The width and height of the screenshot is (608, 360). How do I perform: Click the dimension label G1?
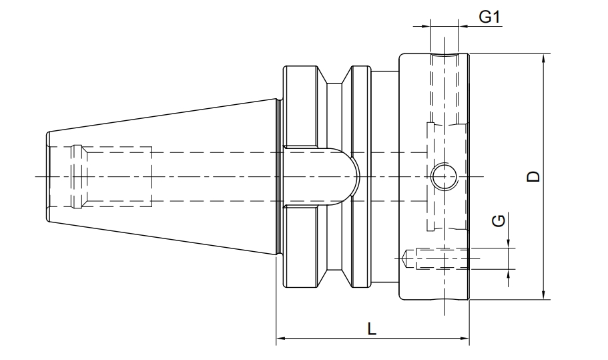coord(490,17)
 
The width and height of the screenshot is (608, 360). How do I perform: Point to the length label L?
coord(372,328)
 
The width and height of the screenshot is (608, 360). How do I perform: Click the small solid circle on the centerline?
coord(443,176)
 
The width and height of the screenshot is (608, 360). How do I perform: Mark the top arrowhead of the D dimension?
coord(545,59)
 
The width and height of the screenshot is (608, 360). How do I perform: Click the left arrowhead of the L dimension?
coord(281,339)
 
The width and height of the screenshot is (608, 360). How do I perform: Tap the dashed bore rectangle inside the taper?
coord(113,176)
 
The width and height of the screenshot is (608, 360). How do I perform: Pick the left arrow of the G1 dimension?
coord(426,27)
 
